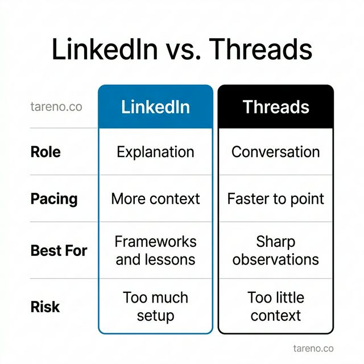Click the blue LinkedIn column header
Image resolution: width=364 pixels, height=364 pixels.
[x=155, y=107]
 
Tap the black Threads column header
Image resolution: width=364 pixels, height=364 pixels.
[x=276, y=107]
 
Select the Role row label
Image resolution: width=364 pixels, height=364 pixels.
[x=45, y=152]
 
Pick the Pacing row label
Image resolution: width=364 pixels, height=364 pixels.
[x=53, y=198]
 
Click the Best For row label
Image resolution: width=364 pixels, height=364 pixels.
[x=59, y=250]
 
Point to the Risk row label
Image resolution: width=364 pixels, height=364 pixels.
[x=45, y=307]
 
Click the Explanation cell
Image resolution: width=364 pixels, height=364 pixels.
[x=155, y=152]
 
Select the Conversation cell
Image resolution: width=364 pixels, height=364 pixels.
[x=276, y=152]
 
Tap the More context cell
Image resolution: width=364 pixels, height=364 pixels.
[x=155, y=198]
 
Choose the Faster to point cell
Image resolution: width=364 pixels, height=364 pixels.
[x=276, y=198]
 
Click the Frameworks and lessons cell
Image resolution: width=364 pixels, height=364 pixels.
[x=155, y=250]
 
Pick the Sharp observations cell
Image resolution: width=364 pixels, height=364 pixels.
[x=276, y=250]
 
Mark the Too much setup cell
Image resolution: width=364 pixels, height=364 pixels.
[x=155, y=306]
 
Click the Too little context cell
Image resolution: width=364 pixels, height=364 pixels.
[x=276, y=306]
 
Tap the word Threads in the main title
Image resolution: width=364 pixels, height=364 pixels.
[x=260, y=49]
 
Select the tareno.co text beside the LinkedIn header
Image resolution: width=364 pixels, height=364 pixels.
[x=56, y=107]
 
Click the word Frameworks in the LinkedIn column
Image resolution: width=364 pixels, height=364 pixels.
[x=155, y=242]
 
